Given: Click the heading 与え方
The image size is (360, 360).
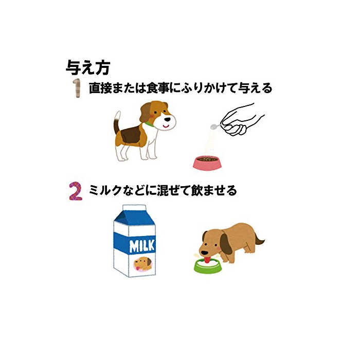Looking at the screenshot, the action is [88, 68].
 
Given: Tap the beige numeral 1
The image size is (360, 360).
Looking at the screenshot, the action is [77, 88].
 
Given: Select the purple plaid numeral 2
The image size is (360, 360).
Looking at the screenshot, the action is [76, 191].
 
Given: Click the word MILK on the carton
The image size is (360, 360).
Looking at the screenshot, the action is [142, 246].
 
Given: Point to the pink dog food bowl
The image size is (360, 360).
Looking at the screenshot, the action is [207, 163].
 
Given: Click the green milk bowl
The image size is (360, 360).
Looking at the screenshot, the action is [207, 266].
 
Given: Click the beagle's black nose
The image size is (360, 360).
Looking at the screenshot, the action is [168, 119].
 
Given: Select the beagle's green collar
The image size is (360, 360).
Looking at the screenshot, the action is [150, 124].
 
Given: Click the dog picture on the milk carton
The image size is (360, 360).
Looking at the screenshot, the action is [143, 264].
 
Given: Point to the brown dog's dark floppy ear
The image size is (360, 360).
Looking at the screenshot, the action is [226, 243].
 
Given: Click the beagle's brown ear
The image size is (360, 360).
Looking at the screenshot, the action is [146, 112].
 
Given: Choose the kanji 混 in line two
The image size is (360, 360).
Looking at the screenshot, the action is [162, 191].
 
